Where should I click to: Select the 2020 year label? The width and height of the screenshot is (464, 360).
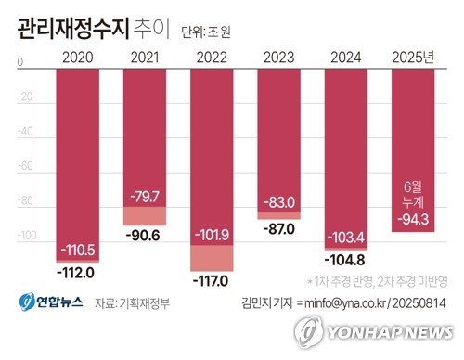click(77, 58)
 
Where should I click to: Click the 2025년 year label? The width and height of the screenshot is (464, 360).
click(413, 58)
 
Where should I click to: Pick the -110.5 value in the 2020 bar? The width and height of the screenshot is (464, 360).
click(77, 251)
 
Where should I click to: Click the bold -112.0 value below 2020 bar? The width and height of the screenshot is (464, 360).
click(77, 273)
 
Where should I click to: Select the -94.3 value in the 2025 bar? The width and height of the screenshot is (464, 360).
click(413, 220)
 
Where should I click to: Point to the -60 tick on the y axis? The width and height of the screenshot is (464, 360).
click(25, 168)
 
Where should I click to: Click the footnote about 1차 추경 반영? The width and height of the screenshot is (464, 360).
click(378, 281)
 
